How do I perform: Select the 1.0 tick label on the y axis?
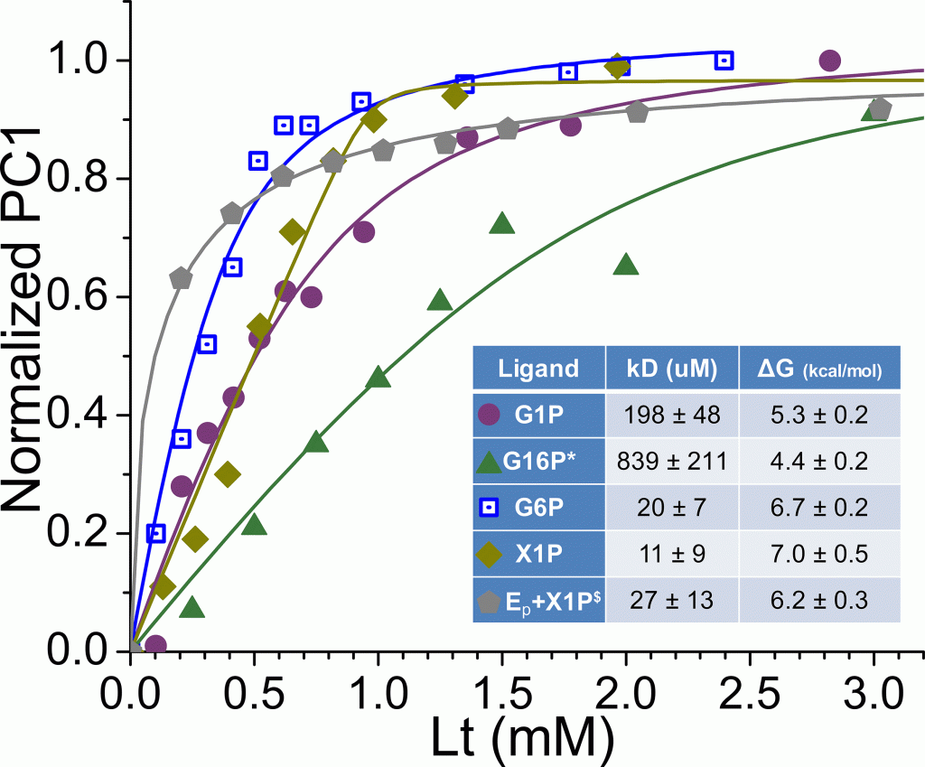(x=86, y=61)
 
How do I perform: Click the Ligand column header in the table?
(x=538, y=368)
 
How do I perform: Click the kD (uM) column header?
(x=671, y=368)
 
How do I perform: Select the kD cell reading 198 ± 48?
(x=671, y=416)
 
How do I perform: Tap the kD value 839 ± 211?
(x=671, y=462)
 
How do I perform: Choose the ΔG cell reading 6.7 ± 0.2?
(x=819, y=508)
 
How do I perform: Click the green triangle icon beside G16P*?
(x=489, y=463)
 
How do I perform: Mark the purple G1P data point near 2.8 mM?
(x=829, y=61)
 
